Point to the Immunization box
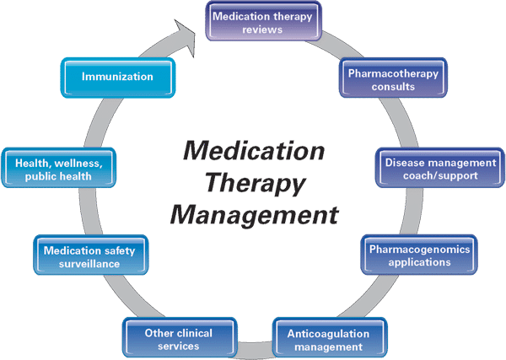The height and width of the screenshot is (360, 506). coord(117,77)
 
